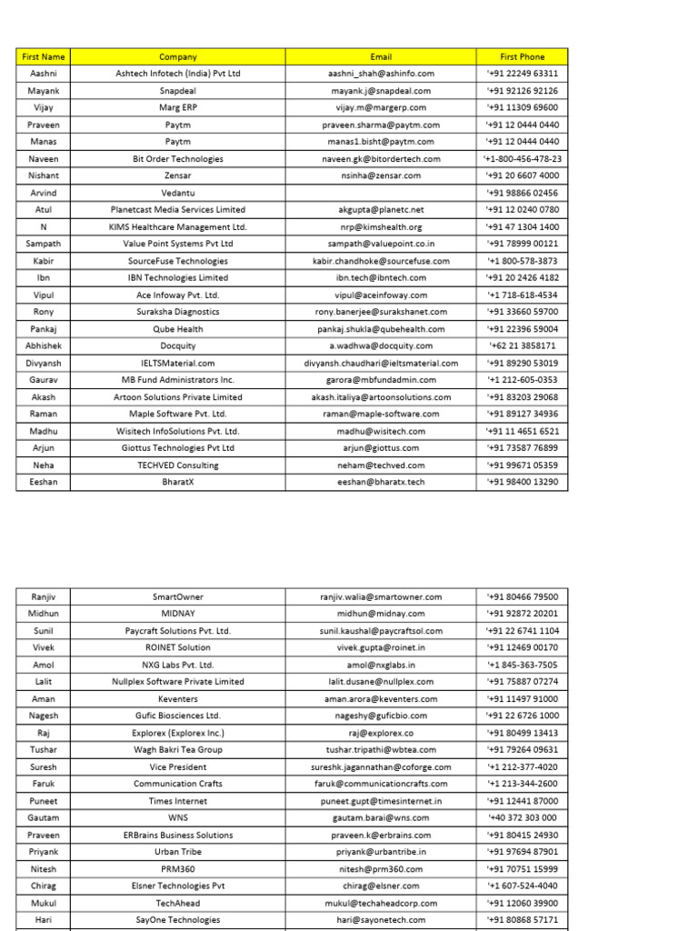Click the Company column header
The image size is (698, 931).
point(178,56)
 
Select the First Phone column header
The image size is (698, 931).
point(522,56)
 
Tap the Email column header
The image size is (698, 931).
point(381,56)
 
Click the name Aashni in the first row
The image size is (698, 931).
point(43,74)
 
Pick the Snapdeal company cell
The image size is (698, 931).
point(178,91)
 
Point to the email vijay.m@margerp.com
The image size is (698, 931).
point(381,107)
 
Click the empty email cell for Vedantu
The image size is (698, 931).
point(381,193)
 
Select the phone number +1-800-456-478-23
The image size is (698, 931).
point(522,158)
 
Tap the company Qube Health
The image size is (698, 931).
point(178,329)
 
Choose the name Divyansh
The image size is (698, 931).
point(43,363)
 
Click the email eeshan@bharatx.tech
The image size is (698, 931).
point(381,482)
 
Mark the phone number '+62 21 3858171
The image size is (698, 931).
point(522,345)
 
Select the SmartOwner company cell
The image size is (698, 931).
point(178,596)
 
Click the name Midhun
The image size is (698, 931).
point(43,614)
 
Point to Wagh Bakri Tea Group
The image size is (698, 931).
point(178,750)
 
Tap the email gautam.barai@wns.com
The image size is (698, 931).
point(381,818)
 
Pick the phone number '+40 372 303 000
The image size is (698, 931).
point(522,818)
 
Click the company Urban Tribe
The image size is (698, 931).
point(178,852)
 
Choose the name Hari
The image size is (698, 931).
point(43,920)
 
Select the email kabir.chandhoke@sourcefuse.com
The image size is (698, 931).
point(381,261)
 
